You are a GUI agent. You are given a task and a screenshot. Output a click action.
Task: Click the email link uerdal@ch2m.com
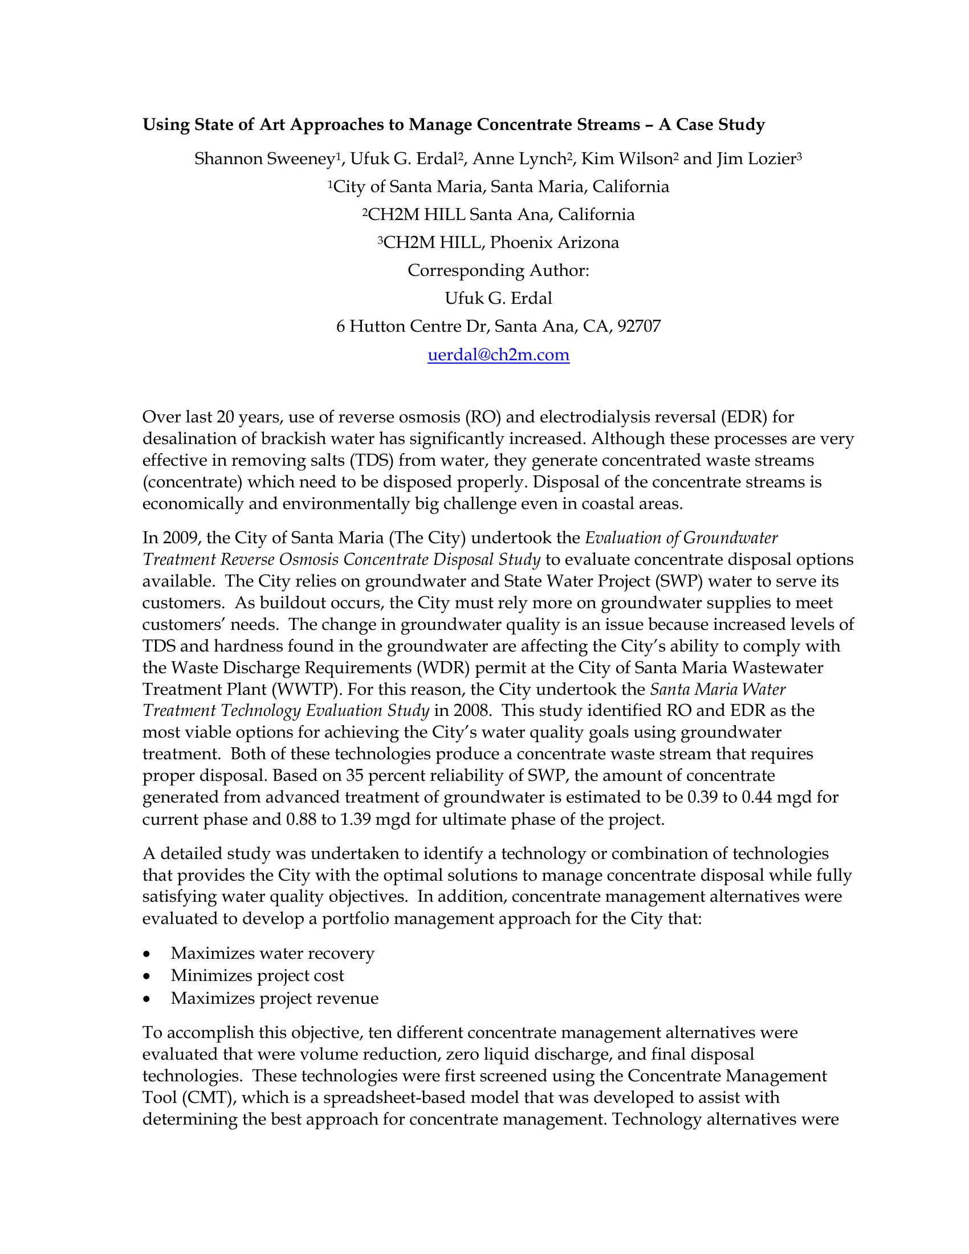coord(498,355)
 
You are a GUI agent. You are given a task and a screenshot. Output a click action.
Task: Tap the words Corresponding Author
coord(498,270)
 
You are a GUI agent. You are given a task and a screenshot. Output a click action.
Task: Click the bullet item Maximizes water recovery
coord(272,953)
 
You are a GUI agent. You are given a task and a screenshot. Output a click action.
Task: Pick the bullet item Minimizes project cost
coord(257,975)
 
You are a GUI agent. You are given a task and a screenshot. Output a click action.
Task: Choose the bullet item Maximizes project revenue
coord(274,999)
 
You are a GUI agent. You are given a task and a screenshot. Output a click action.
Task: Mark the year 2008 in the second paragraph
coord(470,711)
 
